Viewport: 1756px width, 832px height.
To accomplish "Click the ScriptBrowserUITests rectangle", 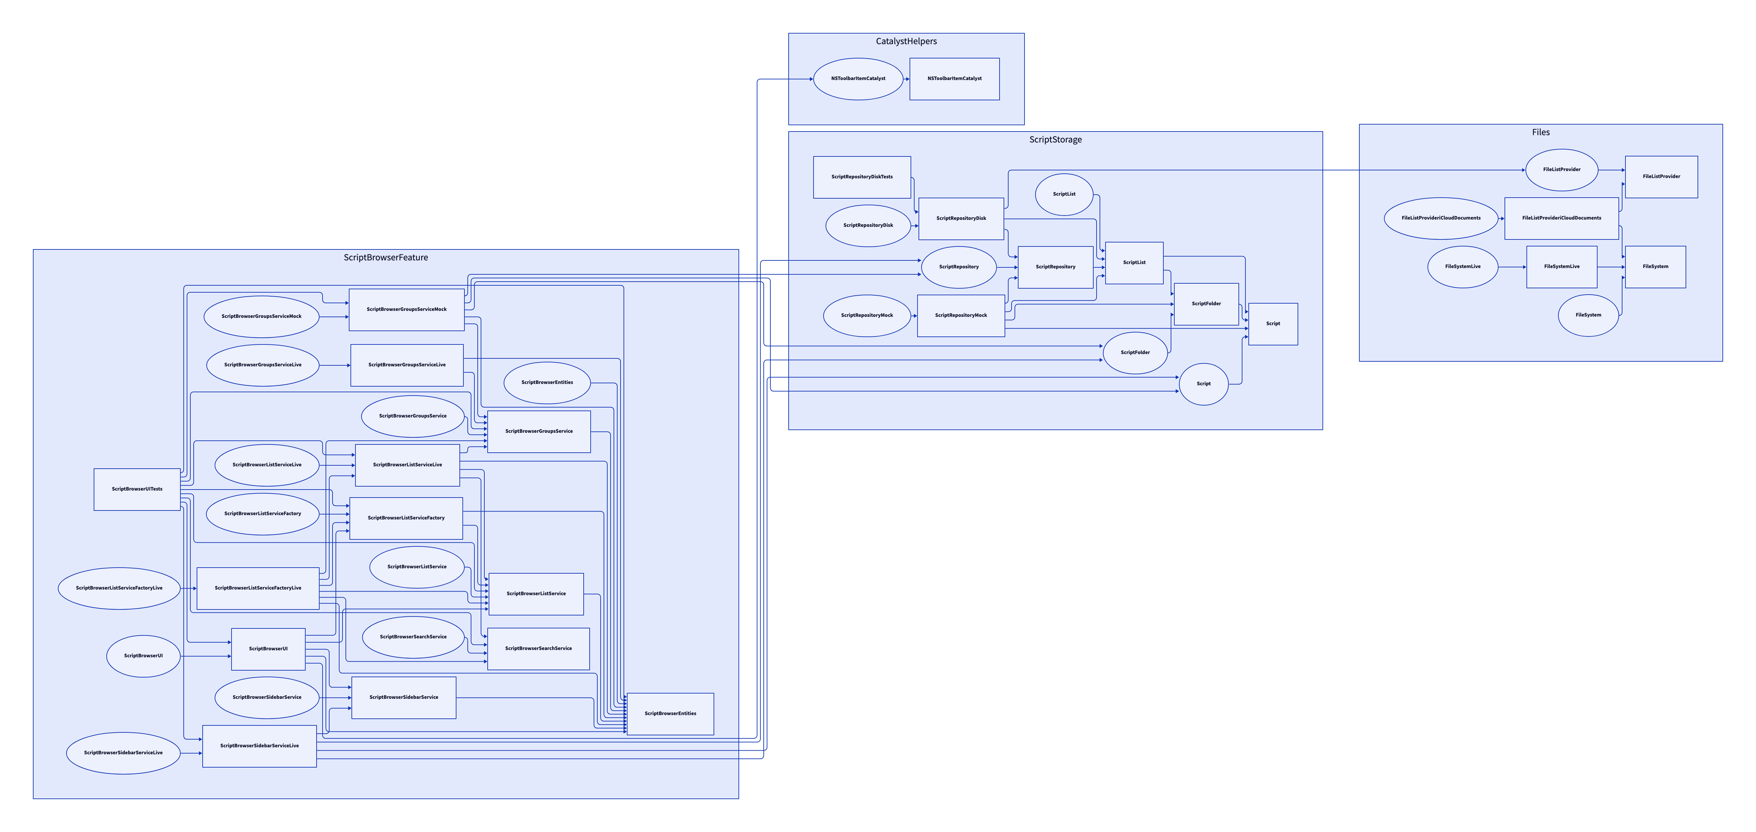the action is click(x=137, y=489).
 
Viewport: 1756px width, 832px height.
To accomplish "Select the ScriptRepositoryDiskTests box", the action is click(x=862, y=177).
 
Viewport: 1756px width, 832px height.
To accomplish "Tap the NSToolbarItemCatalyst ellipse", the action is click(x=857, y=79).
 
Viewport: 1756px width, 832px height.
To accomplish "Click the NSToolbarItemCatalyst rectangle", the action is click(x=954, y=79).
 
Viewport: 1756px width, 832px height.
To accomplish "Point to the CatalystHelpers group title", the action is click(x=906, y=42).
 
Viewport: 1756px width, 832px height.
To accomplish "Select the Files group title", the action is click(x=1541, y=132).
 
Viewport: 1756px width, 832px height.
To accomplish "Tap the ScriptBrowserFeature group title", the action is click(x=386, y=258).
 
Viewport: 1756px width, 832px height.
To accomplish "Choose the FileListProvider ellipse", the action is click(x=1561, y=170).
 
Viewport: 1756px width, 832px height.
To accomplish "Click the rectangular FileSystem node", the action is click(x=1655, y=267).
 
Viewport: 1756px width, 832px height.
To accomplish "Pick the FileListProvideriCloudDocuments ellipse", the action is click(x=1440, y=218).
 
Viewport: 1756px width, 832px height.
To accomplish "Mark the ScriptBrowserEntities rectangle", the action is click(x=670, y=713).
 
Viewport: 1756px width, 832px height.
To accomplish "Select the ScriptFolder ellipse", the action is click(x=1135, y=353).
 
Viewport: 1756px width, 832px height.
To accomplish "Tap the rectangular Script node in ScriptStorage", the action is click(x=1273, y=324).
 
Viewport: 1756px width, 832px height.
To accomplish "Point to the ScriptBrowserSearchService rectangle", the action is click(x=538, y=649).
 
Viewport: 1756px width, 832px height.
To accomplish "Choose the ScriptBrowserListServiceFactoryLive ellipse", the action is click(x=119, y=588).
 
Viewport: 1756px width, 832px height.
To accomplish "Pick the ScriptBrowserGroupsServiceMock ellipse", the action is click(x=261, y=317).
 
